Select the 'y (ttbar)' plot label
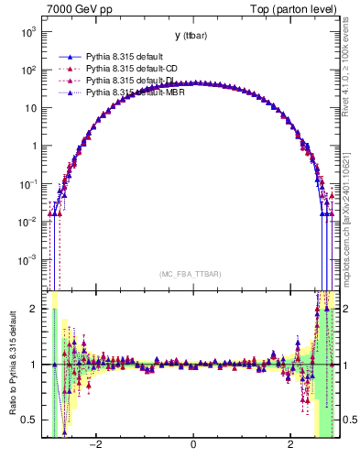click(x=192, y=36)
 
